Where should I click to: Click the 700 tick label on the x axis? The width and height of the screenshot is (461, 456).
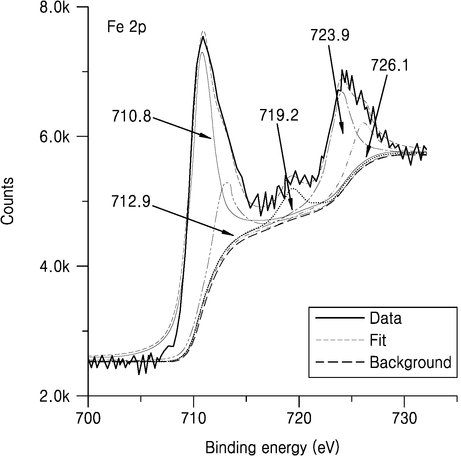(88, 418)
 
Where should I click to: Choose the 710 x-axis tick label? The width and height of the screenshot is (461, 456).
(194, 418)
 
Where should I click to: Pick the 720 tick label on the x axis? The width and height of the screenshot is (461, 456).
(299, 418)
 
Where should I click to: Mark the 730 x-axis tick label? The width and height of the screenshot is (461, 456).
(404, 418)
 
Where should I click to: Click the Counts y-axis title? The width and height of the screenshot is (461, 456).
(8, 201)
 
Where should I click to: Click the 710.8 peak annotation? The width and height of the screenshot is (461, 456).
(131, 117)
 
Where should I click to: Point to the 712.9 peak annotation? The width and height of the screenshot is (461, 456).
(131, 202)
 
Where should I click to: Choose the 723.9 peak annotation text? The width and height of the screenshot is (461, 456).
(330, 35)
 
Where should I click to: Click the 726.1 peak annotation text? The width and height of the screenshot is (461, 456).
(390, 65)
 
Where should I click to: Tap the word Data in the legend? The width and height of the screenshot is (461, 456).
(386, 318)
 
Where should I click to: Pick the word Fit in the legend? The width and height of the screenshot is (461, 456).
(378, 340)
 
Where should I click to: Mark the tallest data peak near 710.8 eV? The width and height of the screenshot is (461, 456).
(203, 37)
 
